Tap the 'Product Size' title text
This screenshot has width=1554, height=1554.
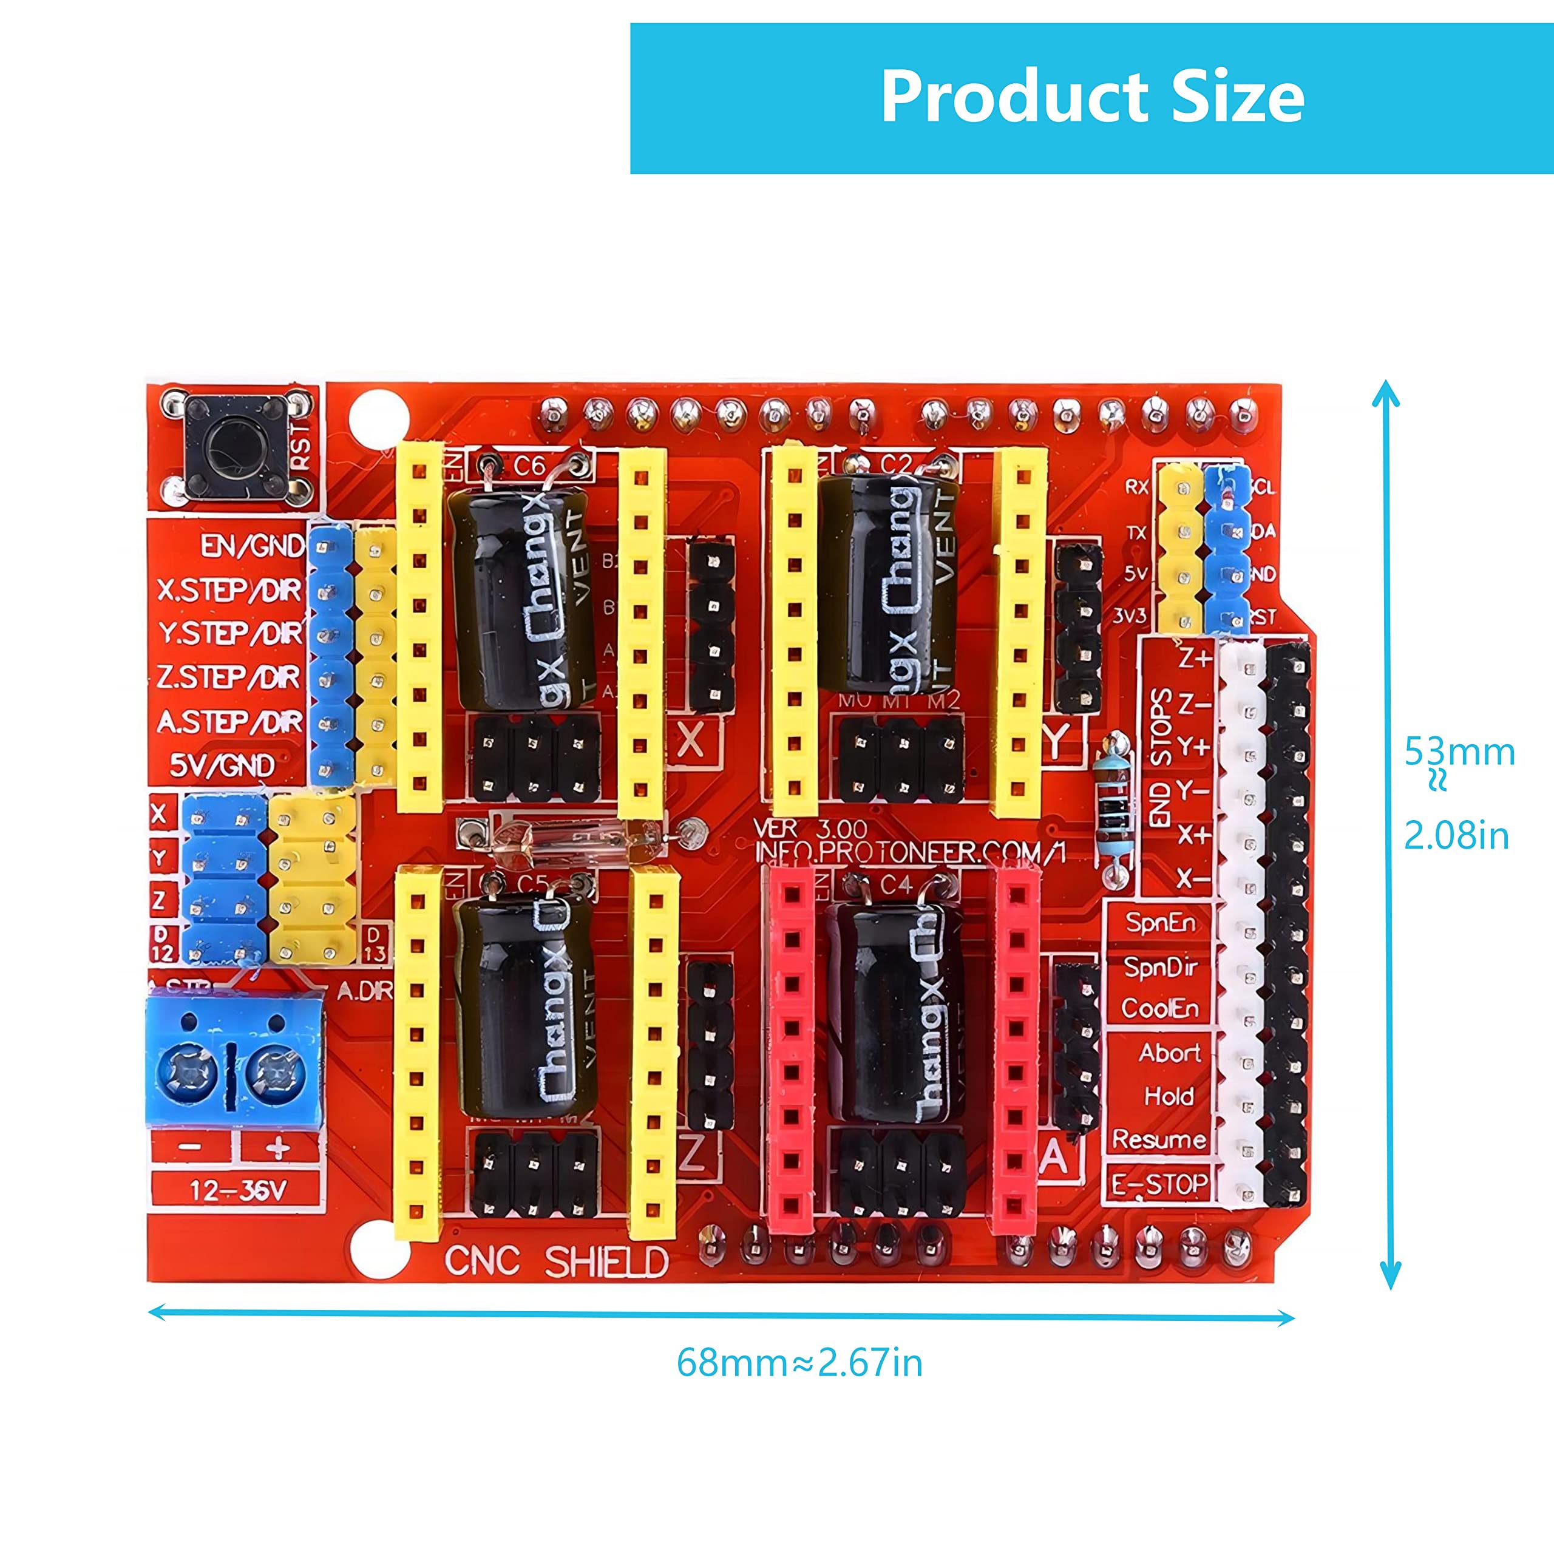1091,97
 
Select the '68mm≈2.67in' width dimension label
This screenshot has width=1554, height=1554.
799,1363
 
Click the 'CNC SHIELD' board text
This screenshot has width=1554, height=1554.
557,1261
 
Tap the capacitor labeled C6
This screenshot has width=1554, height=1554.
520,595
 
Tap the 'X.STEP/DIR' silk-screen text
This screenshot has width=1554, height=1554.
229,591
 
